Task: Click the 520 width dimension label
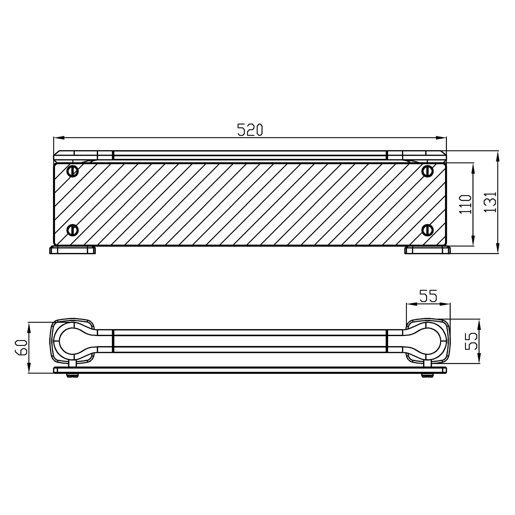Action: click(x=250, y=130)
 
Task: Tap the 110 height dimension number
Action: click(x=465, y=204)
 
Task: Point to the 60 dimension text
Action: click(x=21, y=347)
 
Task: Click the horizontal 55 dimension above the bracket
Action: click(x=428, y=296)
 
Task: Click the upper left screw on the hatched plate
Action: click(x=73, y=171)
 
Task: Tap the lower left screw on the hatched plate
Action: click(x=73, y=230)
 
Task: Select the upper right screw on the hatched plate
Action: click(x=427, y=171)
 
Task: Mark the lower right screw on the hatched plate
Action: click(x=427, y=230)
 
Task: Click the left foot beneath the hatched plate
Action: click(x=73, y=250)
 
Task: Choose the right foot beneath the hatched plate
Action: click(x=427, y=250)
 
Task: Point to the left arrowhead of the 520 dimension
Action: click(x=59, y=138)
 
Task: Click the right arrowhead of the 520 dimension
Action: click(x=441, y=138)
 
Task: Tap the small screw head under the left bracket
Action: click(x=73, y=375)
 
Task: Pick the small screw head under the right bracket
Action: click(x=427, y=375)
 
